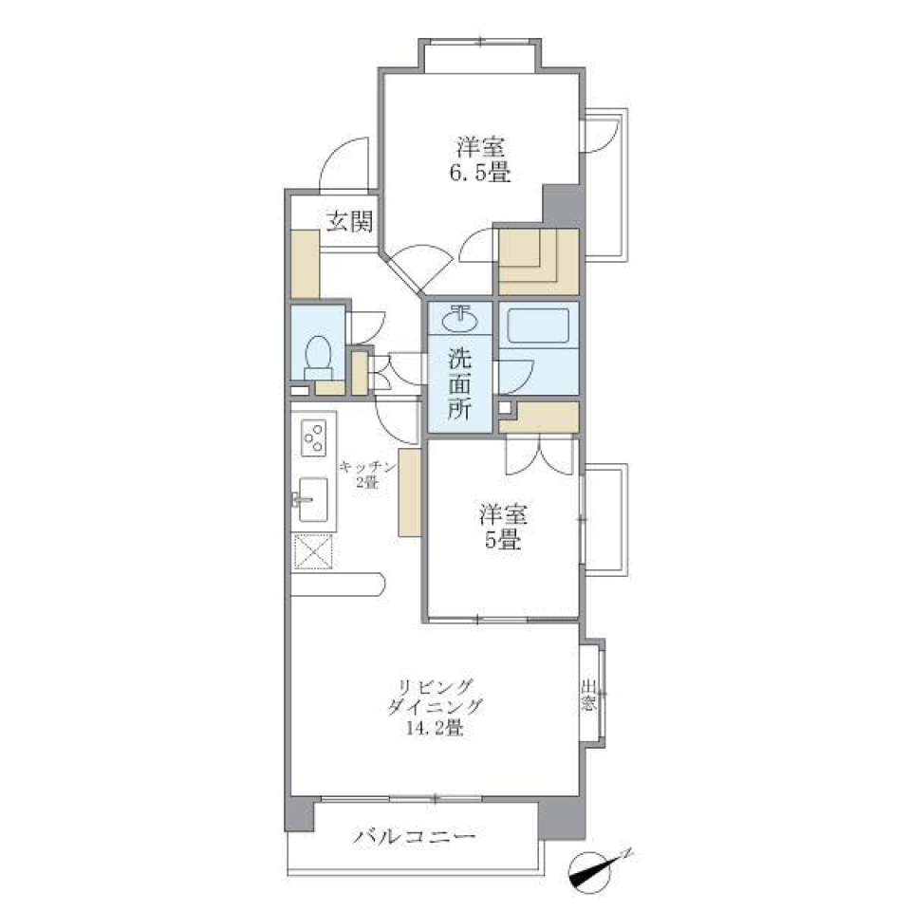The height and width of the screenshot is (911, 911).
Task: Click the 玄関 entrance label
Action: [349, 223]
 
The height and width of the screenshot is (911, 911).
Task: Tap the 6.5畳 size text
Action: [479, 175]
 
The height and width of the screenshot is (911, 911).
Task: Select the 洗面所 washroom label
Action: [459, 385]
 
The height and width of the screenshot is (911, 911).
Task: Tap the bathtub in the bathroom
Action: [537, 327]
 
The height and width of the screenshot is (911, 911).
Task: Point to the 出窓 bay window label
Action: [588, 697]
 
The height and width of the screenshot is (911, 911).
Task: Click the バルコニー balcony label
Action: [415, 838]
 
